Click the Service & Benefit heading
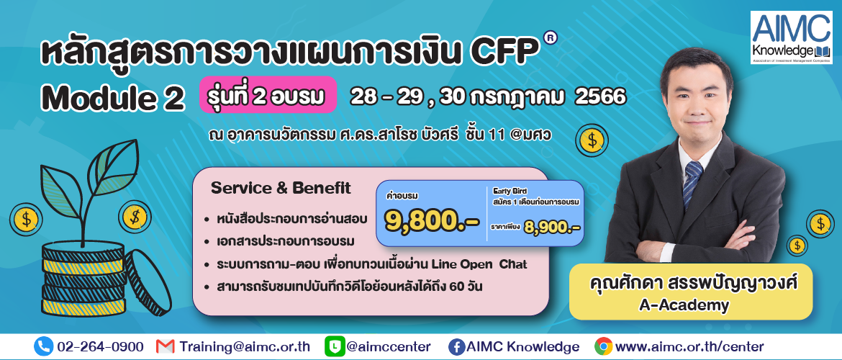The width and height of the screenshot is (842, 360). coord(281,188)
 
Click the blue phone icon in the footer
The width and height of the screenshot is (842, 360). coord(43,346)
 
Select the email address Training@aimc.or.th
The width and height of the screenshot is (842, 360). coord(245,346)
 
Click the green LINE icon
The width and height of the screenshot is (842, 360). coord(334,346)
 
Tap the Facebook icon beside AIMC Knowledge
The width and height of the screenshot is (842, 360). coord(456,346)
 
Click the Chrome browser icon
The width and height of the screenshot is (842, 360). coord(604,346)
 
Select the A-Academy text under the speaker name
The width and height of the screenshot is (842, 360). coord(684,305)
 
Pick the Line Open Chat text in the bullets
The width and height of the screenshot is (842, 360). coord(482,264)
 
